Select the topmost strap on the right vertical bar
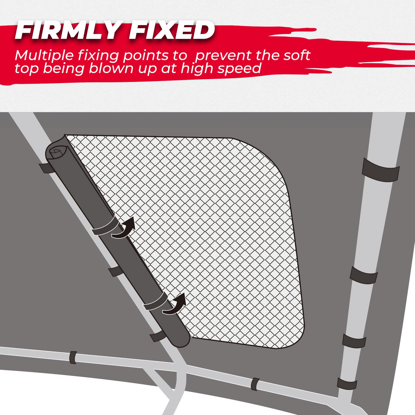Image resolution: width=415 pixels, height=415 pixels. (381, 170)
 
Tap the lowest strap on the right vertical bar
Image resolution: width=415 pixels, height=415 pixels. (347, 383)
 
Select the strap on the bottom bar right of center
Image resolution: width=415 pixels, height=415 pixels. (255, 384)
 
